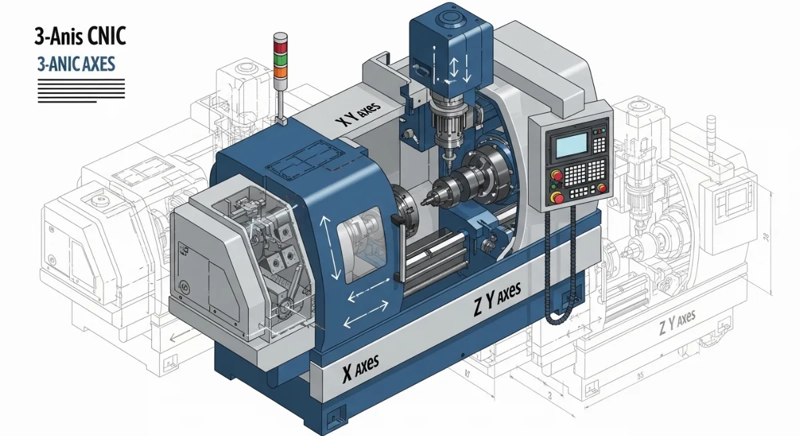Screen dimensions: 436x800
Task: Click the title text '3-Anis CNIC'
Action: click(79, 36)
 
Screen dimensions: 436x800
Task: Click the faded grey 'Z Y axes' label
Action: click(677, 325)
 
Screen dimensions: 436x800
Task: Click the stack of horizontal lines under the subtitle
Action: click(81, 89)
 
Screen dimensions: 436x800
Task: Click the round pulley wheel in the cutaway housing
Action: click(285, 307)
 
